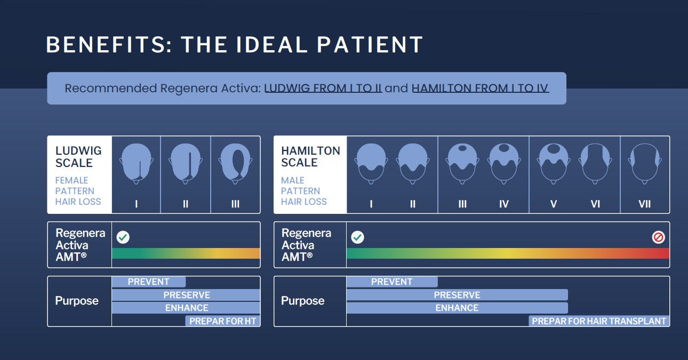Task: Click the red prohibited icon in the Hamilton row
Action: (658, 237)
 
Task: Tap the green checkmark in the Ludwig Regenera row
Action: (123, 237)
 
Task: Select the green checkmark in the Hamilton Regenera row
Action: (357, 237)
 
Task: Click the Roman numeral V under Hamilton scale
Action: (554, 204)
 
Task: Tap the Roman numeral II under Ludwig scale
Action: (186, 204)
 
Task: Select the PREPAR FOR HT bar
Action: (223, 321)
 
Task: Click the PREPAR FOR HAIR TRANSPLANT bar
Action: (599, 321)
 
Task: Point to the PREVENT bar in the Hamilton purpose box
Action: (392, 282)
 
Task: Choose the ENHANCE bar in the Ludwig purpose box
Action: (186, 308)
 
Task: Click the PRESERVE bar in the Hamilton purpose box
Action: (457, 295)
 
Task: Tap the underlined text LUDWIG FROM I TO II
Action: (323, 88)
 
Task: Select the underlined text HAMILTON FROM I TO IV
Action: (480, 88)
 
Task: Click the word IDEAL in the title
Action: (271, 45)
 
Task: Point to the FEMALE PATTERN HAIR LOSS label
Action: (78, 191)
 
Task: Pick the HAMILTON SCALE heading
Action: (310, 157)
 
